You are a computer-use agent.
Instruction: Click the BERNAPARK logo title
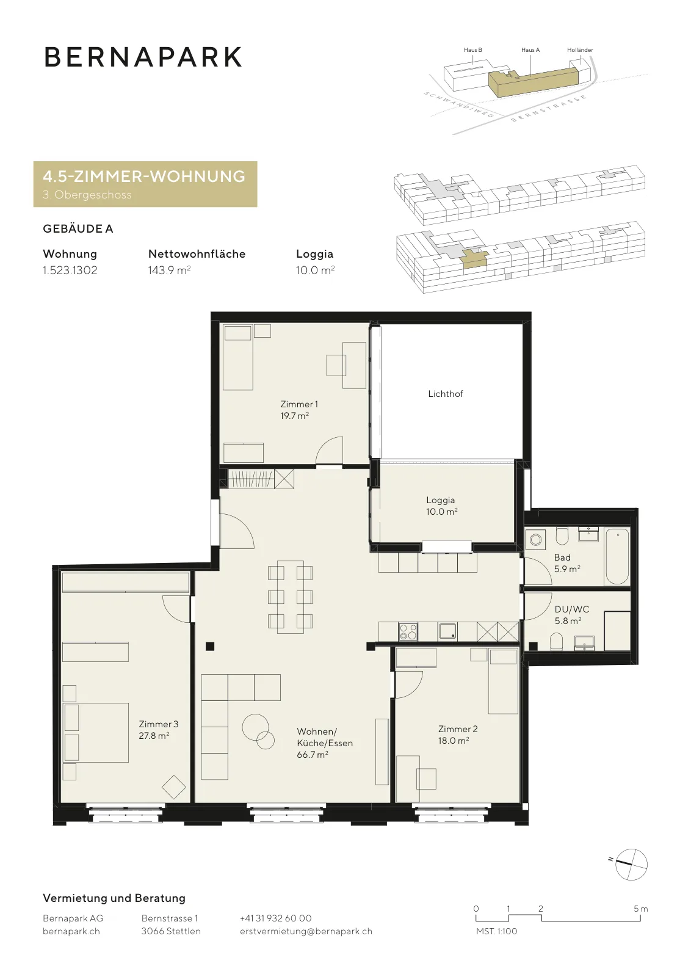coord(143,57)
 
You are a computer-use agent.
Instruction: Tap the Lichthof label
coord(445,394)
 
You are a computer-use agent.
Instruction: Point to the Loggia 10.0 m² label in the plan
coord(441,506)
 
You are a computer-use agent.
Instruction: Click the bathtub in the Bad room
coord(617,556)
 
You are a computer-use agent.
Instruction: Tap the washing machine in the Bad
coord(535,540)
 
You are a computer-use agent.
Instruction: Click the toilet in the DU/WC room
coord(556,642)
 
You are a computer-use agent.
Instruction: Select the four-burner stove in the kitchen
coord(408,631)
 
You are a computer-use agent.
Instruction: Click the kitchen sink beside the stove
coord(447,631)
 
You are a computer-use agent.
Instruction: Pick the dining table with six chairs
coord(291,596)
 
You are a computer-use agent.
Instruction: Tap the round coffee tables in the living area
coord(258,731)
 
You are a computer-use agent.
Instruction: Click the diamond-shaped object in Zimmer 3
coord(173,787)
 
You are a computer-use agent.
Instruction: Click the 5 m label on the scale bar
coord(641,909)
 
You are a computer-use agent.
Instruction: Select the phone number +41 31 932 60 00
coord(275,918)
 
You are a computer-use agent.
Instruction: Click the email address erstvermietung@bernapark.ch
coord(306,931)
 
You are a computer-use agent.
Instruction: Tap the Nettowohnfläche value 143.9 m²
coord(169,270)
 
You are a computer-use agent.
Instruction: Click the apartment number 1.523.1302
coord(70,270)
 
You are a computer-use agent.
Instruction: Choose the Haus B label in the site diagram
coord(472,49)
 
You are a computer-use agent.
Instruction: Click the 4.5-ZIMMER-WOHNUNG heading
coord(144,176)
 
